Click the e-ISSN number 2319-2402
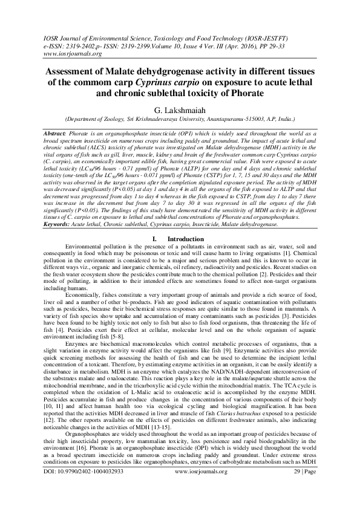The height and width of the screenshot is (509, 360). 85,45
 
